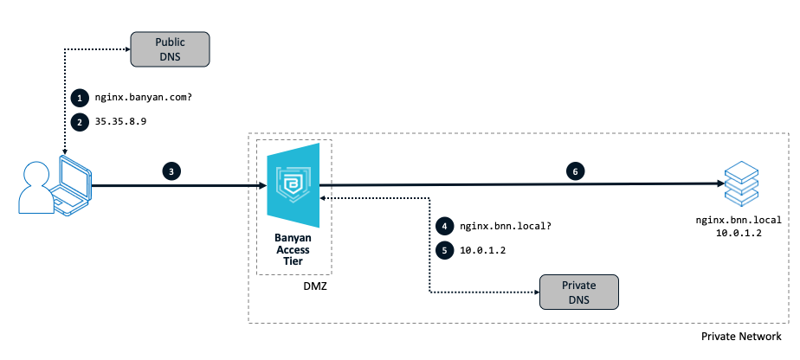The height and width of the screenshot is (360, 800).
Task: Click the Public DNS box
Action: (171, 48)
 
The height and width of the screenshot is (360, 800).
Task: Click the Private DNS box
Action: (580, 292)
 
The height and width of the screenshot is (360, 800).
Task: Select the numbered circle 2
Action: (80, 121)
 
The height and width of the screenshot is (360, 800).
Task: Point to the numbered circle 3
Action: (173, 171)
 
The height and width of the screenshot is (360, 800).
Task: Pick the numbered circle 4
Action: (444, 227)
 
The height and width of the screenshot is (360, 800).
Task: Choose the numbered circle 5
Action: (444, 250)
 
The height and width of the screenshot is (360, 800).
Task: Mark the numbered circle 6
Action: (575, 171)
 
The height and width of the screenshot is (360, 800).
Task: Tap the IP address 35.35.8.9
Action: (121, 121)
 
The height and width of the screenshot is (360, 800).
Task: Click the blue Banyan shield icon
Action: (293, 184)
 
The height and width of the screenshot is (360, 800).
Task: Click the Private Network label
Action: (741, 336)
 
